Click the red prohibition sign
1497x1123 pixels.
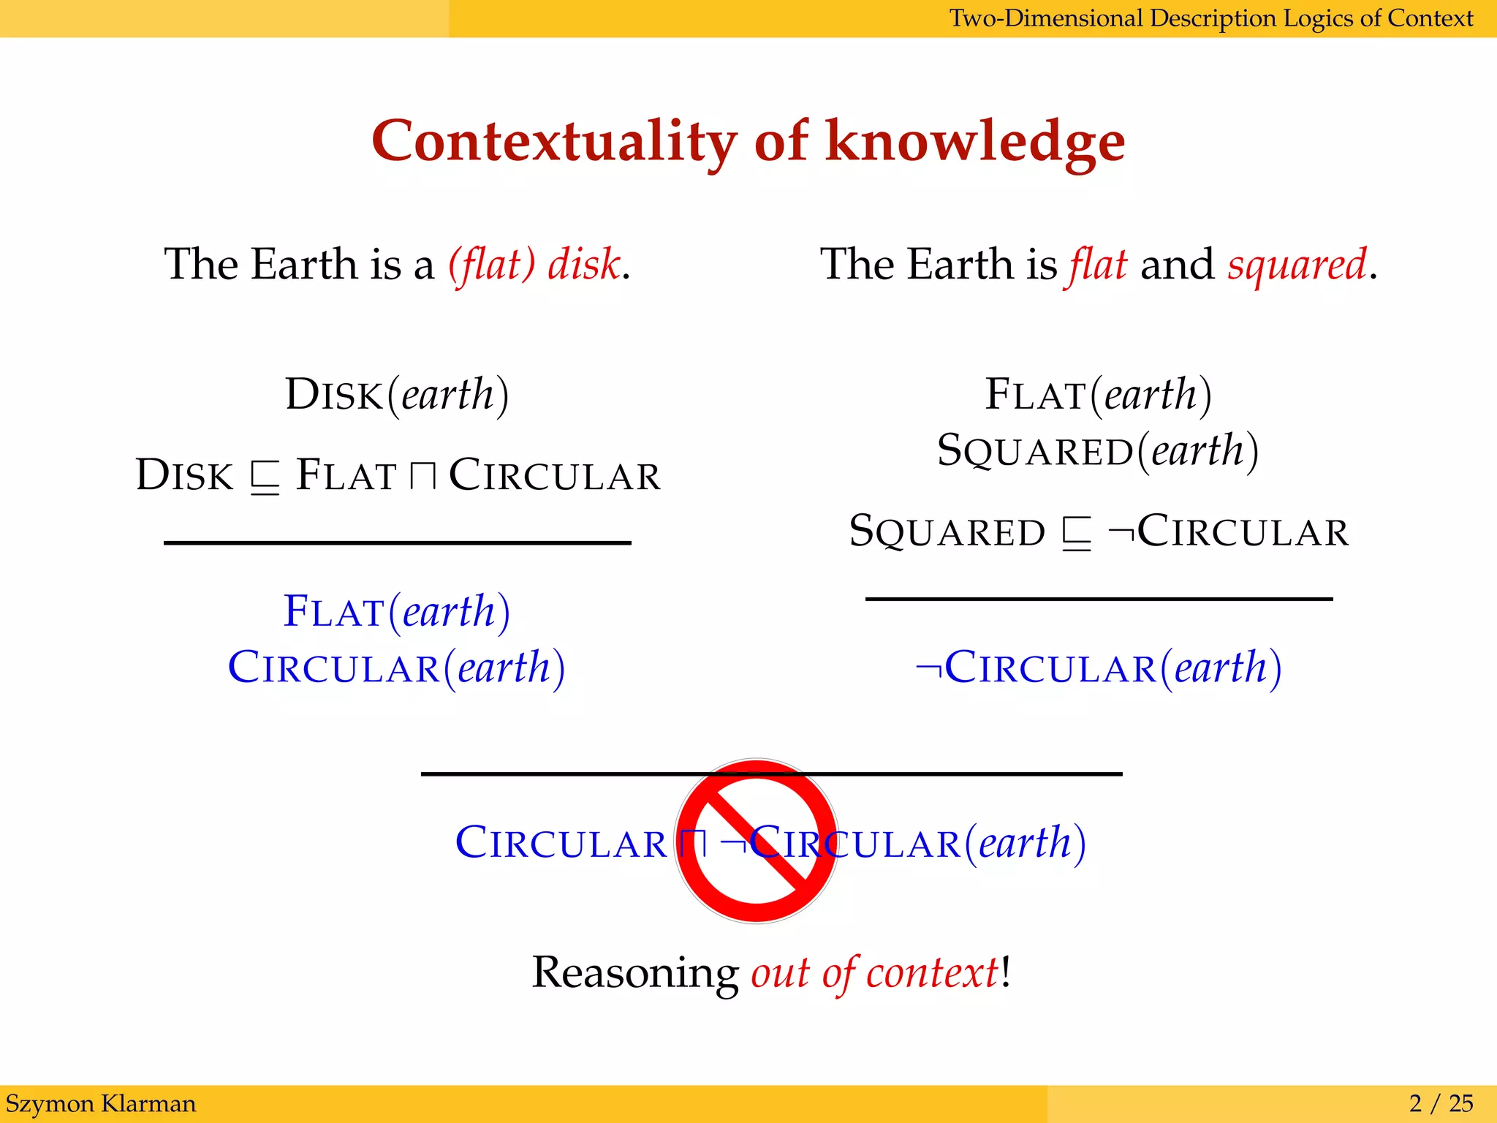click(757, 841)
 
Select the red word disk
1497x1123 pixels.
click(584, 264)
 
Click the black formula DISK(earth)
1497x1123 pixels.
click(397, 395)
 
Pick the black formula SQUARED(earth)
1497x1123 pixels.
click(1098, 450)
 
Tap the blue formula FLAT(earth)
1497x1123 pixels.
click(397, 611)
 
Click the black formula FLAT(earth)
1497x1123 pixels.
click(1098, 395)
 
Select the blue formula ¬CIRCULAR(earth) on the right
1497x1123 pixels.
click(1099, 668)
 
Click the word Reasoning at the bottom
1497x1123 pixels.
click(634, 973)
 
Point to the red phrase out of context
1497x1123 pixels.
click(874, 973)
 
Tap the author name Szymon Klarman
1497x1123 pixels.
click(101, 1103)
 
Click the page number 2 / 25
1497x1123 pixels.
click(1441, 1103)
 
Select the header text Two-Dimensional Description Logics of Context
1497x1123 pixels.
click(1210, 18)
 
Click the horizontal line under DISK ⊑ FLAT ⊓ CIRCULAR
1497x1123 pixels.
click(397, 542)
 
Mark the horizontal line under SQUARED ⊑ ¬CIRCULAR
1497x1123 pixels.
click(1099, 599)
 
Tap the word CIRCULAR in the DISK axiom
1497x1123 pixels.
click(554, 476)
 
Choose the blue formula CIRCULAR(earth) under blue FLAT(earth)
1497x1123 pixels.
click(397, 668)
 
